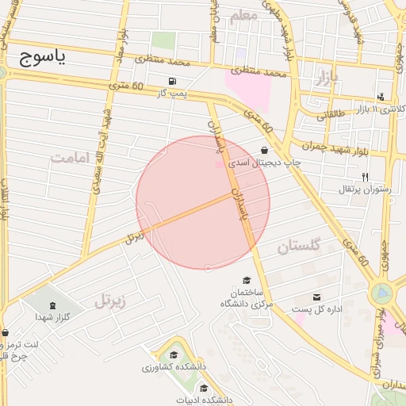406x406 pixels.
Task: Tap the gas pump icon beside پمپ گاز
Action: [x=173, y=81]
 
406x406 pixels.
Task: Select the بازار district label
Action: [x=325, y=78]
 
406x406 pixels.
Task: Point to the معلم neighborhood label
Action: [x=243, y=16]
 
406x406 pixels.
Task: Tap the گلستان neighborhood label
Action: [x=299, y=247]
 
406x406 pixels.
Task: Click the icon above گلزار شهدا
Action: [x=52, y=306]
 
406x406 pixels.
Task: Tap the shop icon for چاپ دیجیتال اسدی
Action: [x=264, y=151]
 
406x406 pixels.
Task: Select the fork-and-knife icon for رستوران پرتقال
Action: [x=365, y=177]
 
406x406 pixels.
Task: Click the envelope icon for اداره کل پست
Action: [x=317, y=297]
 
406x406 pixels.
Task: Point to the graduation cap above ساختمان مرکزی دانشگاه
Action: [x=247, y=281]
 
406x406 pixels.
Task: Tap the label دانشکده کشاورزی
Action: [x=174, y=367]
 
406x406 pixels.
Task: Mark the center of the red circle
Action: [x=203, y=202]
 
